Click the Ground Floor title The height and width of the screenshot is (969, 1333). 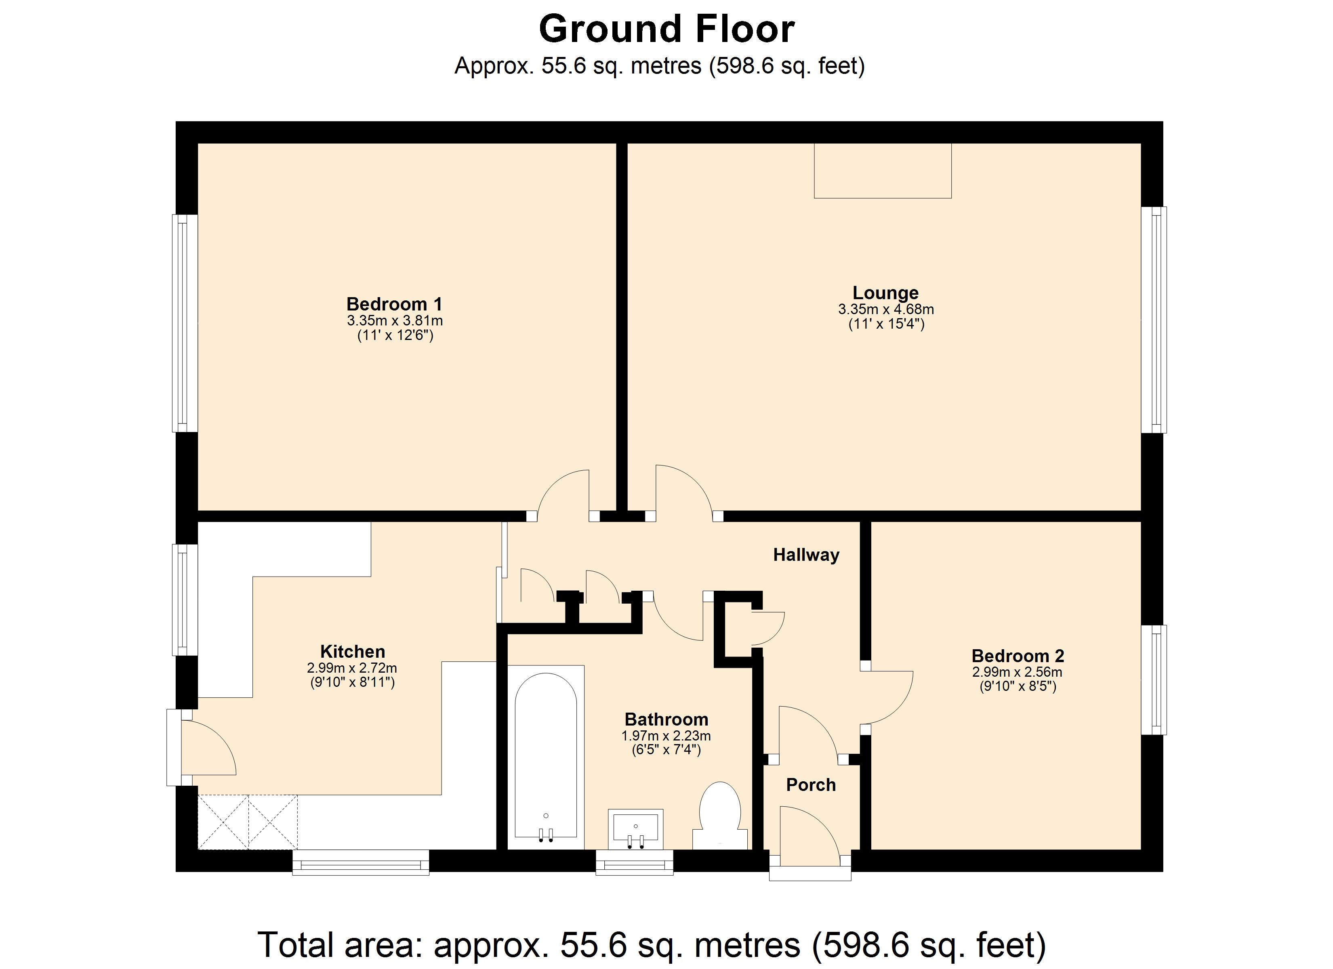(666, 29)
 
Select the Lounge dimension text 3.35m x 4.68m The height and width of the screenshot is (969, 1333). (886, 309)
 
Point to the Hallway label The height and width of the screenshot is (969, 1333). (806, 555)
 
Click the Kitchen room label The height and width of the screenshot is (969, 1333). (353, 651)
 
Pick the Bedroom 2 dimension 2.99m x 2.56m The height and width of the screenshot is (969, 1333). (1018, 672)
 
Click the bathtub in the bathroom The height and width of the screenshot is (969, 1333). (545, 757)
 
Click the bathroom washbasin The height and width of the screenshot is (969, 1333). (635, 828)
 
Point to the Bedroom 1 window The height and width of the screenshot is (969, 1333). (185, 323)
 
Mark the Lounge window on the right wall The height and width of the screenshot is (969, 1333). (1154, 320)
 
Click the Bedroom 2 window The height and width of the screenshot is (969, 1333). (1154, 680)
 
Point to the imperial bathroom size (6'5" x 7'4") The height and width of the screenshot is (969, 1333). (666, 750)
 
